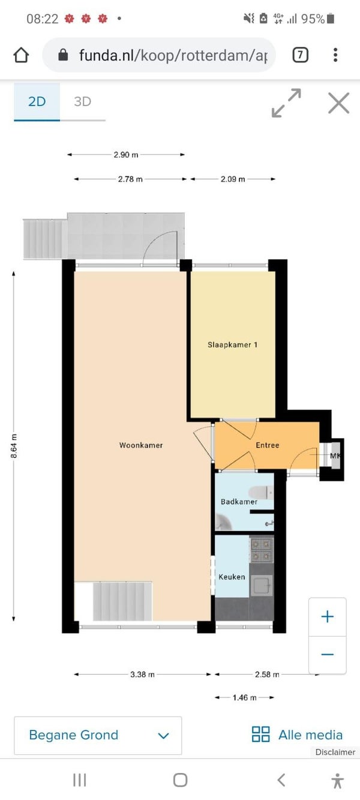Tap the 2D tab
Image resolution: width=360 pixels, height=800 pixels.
37,101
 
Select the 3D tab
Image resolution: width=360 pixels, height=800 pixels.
82,101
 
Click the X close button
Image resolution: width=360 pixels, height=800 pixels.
338,103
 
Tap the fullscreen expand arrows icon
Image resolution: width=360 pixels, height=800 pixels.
286,103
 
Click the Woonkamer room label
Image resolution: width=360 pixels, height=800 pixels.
141,445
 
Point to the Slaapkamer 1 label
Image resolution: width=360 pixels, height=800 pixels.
233,344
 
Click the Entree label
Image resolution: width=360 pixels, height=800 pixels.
267,445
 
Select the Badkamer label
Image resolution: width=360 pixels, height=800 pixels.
239,502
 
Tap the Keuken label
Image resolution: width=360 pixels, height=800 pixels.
232,577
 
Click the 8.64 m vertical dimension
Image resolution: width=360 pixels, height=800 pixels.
14,446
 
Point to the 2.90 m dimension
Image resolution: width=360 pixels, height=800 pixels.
125,155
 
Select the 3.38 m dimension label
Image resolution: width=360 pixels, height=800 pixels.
142,675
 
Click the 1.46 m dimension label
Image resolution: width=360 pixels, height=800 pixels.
244,697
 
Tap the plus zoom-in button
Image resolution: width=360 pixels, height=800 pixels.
327,617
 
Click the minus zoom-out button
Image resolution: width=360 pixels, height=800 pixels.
327,654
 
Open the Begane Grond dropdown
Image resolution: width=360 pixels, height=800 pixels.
98,735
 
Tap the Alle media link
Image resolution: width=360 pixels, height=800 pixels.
297,735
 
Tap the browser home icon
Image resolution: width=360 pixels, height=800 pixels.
21,55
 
